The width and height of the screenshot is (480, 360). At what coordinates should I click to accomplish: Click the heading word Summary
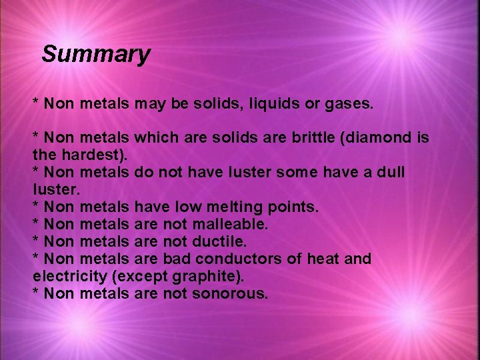point(95,54)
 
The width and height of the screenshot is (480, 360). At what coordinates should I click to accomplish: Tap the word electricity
point(65,276)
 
